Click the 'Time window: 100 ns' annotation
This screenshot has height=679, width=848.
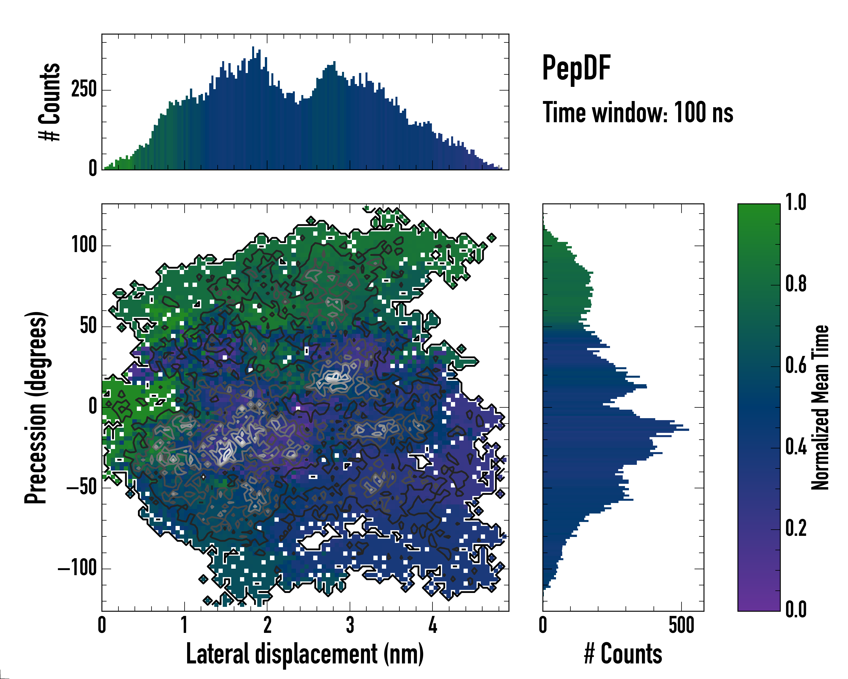coord(638,113)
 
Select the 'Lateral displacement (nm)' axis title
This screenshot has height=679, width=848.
coord(305,654)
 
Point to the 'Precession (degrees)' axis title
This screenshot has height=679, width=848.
coord(36,407)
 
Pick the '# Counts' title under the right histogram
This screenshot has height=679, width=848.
coord(623,654)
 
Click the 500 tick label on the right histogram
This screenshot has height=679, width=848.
coord(681,626)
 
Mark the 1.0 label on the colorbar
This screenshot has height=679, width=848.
coord(796,202)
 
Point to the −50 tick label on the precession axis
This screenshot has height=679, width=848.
coord(81,488)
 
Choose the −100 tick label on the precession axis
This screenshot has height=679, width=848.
coord(77,568)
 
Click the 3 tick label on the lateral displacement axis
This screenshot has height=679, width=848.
coord(350,626)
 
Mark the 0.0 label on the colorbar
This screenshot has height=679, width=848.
coord(796,610)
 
